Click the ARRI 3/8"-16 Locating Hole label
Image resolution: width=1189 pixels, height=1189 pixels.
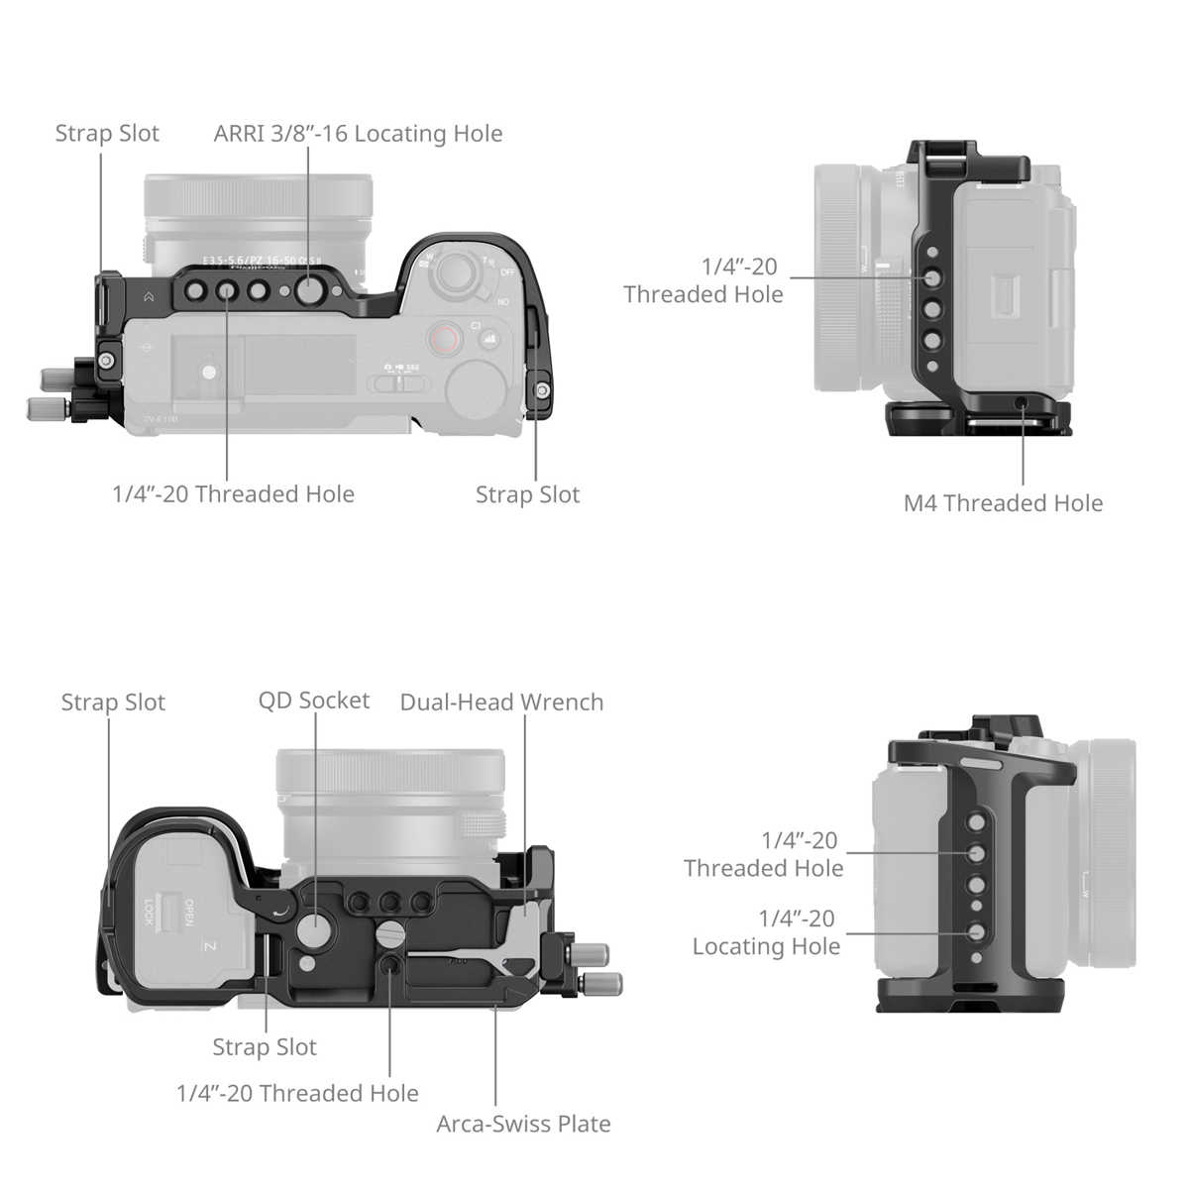[x=358, y=134]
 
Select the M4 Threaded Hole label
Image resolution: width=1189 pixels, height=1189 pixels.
[x=1003, y=503]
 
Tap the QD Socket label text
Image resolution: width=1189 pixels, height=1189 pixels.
[x=313, y=701]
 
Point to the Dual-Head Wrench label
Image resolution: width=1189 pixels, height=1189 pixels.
[x=501, y=703]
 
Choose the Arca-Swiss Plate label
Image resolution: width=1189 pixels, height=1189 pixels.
[x=523, y=1124]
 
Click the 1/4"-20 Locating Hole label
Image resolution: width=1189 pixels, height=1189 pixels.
[x=766, y=932]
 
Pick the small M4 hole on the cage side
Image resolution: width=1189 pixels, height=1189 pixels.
[x=1022, y=401]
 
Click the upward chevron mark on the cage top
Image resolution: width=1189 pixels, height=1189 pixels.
[x=148, y=295]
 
